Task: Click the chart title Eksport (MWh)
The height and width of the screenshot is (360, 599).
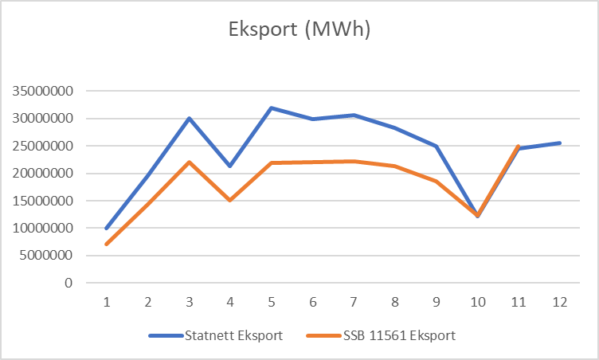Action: (299, 30)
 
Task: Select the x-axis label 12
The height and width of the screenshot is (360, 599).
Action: (559, 303)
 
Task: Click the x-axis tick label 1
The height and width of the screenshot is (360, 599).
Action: (106, 303)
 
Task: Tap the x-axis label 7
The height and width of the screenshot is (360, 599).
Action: (353, 303)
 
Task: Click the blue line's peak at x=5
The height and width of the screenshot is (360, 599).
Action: (271, 108)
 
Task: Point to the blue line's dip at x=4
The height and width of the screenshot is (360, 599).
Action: (229, 166)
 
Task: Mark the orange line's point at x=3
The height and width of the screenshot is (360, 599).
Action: (189, 162)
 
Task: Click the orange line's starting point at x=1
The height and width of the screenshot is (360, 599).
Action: (106, 244)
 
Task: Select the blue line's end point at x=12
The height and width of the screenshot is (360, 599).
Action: (559, 143)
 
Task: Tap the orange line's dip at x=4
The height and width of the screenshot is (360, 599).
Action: (229, 200)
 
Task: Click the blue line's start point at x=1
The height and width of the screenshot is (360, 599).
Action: (106, 228)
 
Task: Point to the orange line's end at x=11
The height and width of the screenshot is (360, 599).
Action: (518, 147)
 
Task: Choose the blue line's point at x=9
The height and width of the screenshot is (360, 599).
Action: (436, 147)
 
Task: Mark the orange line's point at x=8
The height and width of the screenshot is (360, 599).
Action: (394, 166)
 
